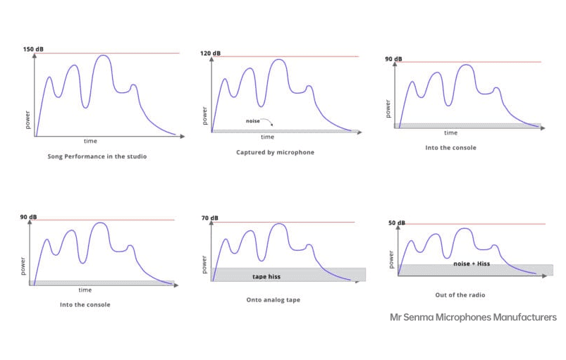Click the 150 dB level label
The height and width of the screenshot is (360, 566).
[33, 49]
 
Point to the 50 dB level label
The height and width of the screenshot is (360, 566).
[397, 223]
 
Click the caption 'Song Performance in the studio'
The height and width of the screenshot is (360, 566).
[97, 156]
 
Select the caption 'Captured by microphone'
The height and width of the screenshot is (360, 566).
[275, 152]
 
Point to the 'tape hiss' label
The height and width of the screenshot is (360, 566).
[266, 276]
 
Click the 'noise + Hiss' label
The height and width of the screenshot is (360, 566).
[472, 263]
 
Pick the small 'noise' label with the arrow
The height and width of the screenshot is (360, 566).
[253, 121]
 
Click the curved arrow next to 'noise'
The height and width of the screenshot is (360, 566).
[267, 123]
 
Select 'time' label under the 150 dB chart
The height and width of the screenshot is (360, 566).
[90, 141]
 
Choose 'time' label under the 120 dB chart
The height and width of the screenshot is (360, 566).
[267, 137]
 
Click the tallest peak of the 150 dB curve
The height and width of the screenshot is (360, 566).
[103, 56]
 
